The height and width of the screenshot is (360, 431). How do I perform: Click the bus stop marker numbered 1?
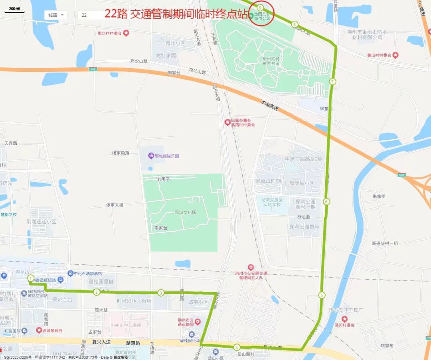[31, 278]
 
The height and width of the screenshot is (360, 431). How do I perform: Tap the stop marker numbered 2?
[97, 292]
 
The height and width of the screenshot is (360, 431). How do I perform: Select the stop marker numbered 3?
[161, 293]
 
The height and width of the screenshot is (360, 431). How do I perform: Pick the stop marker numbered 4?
[237, 347]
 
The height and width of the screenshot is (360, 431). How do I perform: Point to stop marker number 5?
[322, 295]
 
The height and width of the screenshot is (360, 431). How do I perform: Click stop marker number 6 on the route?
[326, 201]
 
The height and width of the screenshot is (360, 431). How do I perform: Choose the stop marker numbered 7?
[332, 81]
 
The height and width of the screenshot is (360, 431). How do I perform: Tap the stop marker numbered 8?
[295, 25]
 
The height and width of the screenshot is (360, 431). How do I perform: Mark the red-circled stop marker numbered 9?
[260, 8]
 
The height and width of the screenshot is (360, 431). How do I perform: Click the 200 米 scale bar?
[14, 10]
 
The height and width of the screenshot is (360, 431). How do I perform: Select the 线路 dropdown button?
[55, 15]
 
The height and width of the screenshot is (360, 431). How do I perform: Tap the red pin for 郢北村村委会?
[126, 33]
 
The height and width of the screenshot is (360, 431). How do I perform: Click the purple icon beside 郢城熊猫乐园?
[151, 155]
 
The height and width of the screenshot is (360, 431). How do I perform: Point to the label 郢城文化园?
[186, 212]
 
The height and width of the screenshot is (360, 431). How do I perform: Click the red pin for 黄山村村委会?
[395, 55]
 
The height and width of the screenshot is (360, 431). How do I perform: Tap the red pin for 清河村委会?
[344, 319]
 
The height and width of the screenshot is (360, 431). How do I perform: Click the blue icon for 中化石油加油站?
[70, 273]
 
